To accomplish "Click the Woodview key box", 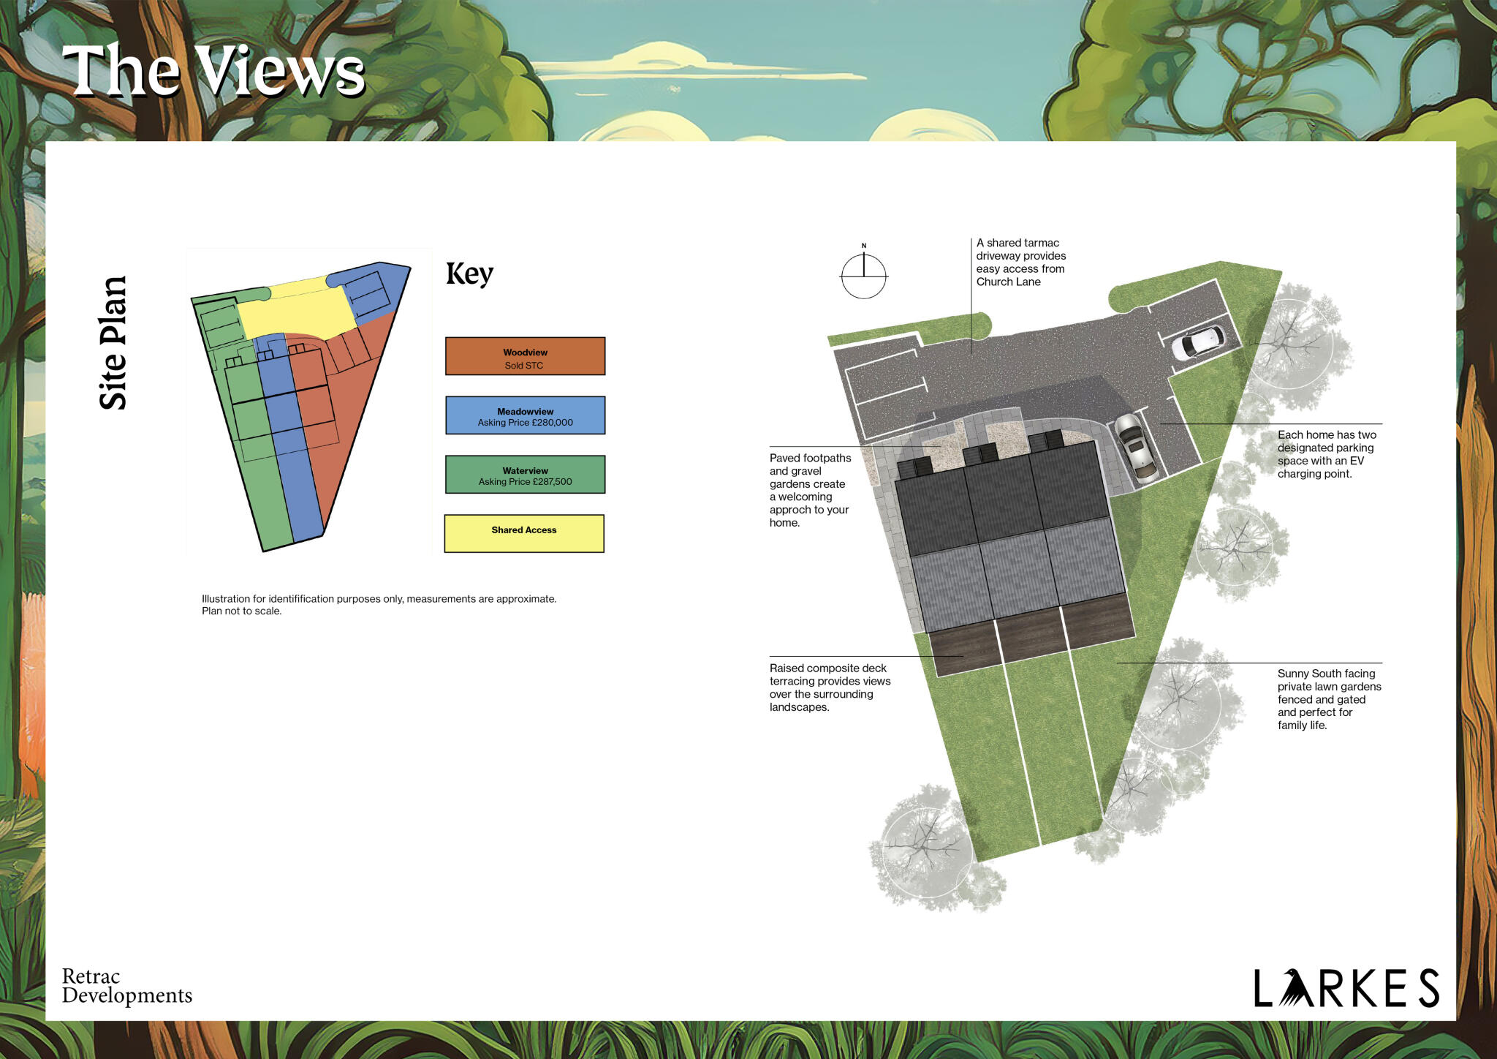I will (525, 356).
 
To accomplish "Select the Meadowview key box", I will (525, 415).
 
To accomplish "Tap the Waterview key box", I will (525, 475).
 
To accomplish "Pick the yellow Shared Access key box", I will (524, 533).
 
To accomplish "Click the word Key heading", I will (469, 274).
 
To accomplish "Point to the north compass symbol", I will (864, 276).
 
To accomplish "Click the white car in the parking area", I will (1199, 342).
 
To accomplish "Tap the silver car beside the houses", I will (1135, 448).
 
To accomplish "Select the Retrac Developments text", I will (126, 986).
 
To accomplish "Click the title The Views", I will (213, 70).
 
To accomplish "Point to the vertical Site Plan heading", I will (113, 343).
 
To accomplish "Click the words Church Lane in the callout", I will (1008, 282).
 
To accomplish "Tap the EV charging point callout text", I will (1326, 454).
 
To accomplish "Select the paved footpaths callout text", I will (810, 490).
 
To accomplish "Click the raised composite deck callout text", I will (830, 687).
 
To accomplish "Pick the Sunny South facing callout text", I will (1329, 699).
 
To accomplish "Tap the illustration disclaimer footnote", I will (379, 605).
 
